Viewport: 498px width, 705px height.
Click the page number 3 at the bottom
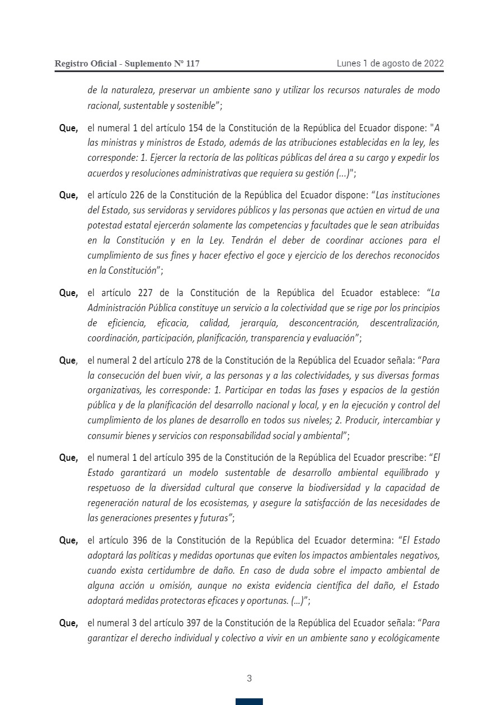pyautogui.click(x=249, y=679)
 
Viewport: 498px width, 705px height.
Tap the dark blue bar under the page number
pyautogui.click(x=249, y=702)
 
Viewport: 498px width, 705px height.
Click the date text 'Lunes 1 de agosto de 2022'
pyautogui.click(x=390, y=64)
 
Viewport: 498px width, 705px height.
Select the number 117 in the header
pyautogui.click(x=191, y=64)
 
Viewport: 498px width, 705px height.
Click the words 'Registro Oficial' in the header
pyautogui.click(x=85, y=64)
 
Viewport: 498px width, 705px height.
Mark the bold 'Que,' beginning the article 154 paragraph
pyautogui.click(x=69, y=128)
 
